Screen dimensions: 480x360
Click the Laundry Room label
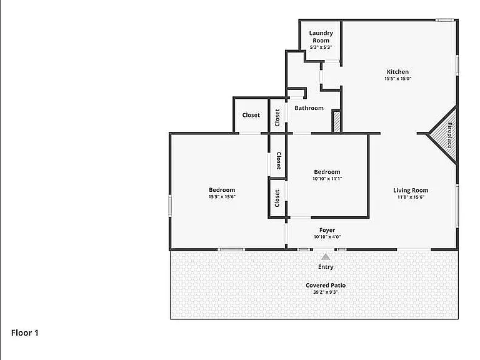pyautogui.click(x=321, y=37)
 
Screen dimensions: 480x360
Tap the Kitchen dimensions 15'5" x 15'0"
pyautogui.click(x=397, y=78)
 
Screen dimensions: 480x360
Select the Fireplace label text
pyautogui.click(x=450, y=135)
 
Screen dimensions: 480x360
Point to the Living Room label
pyautogui.click(x=411, y=190)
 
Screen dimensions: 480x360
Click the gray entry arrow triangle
pyautogui.click(x=326, y=256)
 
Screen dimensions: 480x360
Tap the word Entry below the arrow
pyautogui.click(x=326, y=267)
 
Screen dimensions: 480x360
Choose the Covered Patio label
pyautogui.click(x=326, y=285)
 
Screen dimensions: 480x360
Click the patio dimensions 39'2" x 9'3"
pyautogui.click(x=326, y=292)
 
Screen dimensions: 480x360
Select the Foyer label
pyautogui.click(x=327, y=230)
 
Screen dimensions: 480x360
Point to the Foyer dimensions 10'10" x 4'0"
pyautogui.click(x=327, y=237)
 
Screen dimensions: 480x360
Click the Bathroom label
pyautogui.click(x=309, y=108)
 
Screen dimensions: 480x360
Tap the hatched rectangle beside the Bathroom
pyautogui.click(x=336, y=122)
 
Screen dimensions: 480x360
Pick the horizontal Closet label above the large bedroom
pyautogui.click(x=251, y=115)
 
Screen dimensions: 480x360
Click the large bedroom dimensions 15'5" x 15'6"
pyautogui.click(x=222, y=196)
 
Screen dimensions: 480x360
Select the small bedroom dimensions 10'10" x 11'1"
pyautogui.click(x=327, y=179)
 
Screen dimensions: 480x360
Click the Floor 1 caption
pyautogui.click(x=25, y=332)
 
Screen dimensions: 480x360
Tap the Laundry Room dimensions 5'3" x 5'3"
pyautogui.click(x=321, y=47)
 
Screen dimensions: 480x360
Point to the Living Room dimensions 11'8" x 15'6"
pyautogui.click(x=411, y=197)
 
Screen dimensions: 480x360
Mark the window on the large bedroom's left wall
pyautogui.click(x=170, y=206)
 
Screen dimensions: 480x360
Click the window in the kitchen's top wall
pyautogui.click(x=444, y=20)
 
